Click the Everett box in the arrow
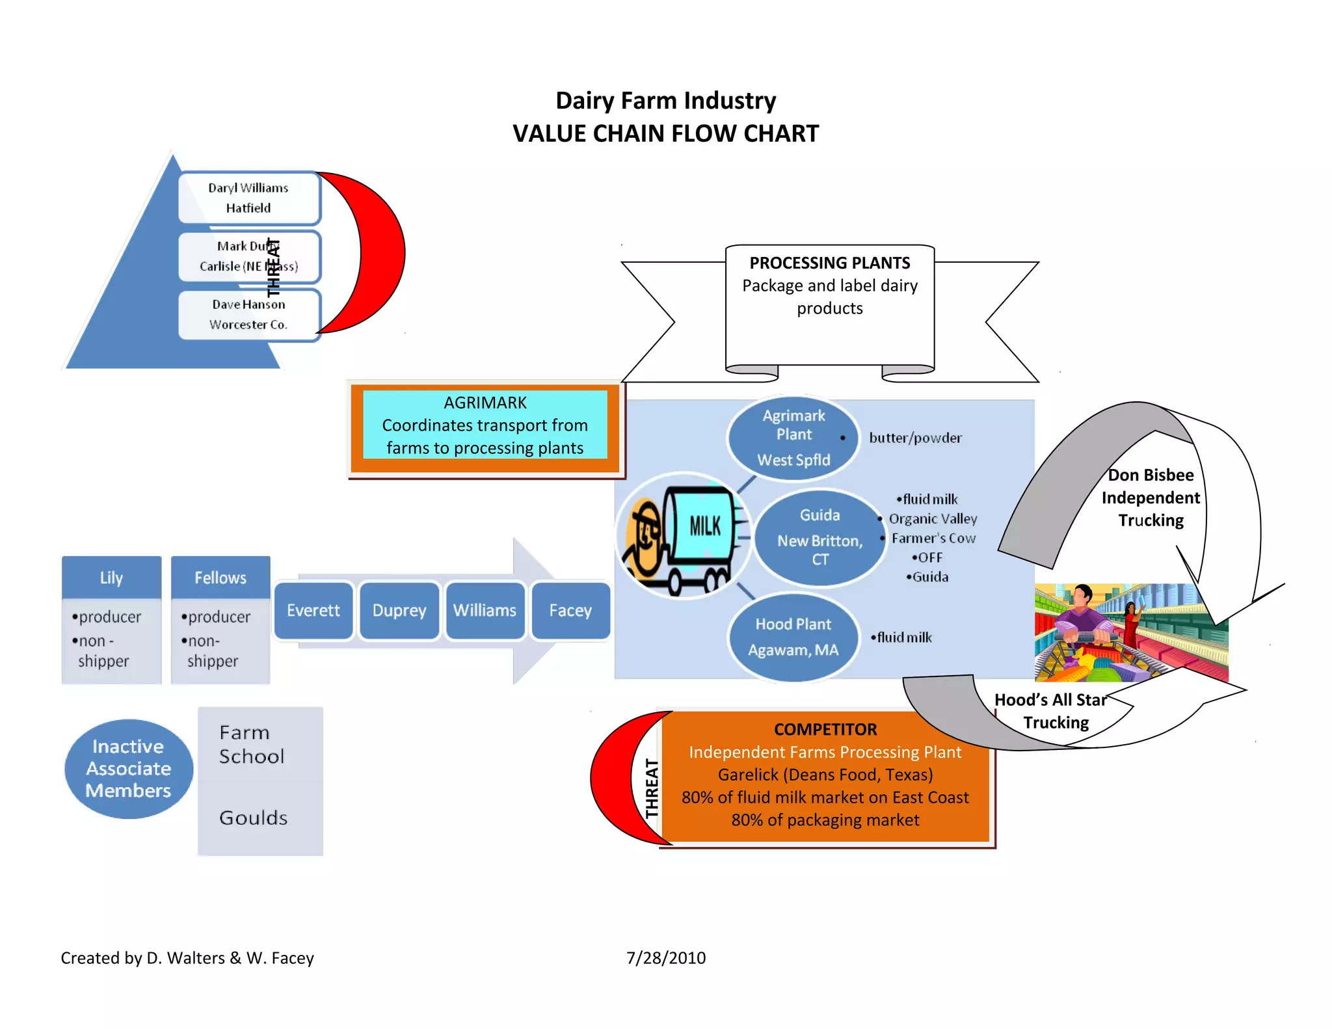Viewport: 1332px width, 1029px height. pyautogui.click(x=313, y=610)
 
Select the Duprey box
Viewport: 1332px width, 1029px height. pyautogui.click(x=399, y=610)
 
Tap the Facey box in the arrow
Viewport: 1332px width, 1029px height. pyautogui.click(x=570, y=610)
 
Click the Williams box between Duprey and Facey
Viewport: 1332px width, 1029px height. pyautogui.click(x=485, y=610)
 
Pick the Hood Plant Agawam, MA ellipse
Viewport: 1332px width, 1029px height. pyautogui.click(x=793, y=637)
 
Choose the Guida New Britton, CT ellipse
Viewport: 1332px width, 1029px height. pyautogui.click(x=819, y=537)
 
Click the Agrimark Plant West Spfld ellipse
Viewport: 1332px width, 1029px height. pyautogui.click(x=793, y=437)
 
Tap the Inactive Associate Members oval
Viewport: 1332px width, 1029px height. pyautogui.click(x=129, y=768)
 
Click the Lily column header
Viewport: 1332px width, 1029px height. pyautogui.click(x=111, y=578)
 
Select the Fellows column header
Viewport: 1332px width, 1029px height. pyautogui.click(x=220, y=578)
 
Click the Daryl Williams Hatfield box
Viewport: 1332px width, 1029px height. pyautogui.click(x=248, y=198)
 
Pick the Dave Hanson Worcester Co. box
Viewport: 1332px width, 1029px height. pyautogui.click(x=248, y=314)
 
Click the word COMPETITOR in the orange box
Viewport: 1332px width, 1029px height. pyautogui.click(x=825, y=729)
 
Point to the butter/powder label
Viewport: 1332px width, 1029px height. pyautogui.click(x=915, y=438)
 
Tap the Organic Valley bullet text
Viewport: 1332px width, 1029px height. pyautogui.click(x=933, y=518)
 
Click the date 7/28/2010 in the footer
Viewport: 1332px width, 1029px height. pyautogui.click(x=666, y=957)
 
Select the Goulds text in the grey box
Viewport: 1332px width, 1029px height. pyautogui.click(x=253, y=818)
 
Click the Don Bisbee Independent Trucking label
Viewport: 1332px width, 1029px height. pyautogui.click(x=1151, y=498)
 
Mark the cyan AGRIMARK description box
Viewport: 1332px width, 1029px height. pyautogui.click(x=485, y=425)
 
